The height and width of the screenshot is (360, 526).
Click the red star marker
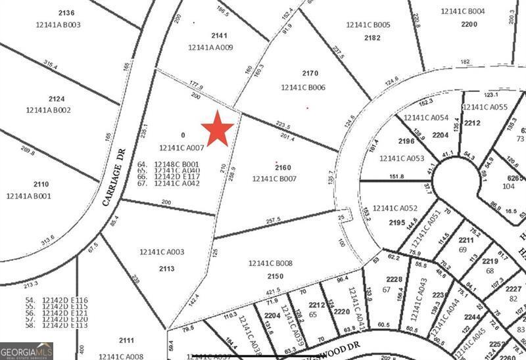coord(218,128)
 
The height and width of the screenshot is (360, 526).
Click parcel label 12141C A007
coord(182,148)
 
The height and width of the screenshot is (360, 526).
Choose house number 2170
coord(310,74)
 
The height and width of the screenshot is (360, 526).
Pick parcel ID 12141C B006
coord(303,87)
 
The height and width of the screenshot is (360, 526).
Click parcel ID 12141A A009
coord(210,47)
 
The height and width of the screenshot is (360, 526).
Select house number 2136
coord(66,12)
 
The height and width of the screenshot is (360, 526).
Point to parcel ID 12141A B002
coord(48,110)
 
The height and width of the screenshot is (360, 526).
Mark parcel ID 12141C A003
coord(162,252)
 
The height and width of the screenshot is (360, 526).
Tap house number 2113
coord(167,268)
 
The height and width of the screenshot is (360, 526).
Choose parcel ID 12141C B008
coord(270,263)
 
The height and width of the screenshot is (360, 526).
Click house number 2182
coord(372,37)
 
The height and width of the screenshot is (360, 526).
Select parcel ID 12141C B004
coord(463,11)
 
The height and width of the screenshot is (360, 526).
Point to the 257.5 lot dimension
coord(273,219)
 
